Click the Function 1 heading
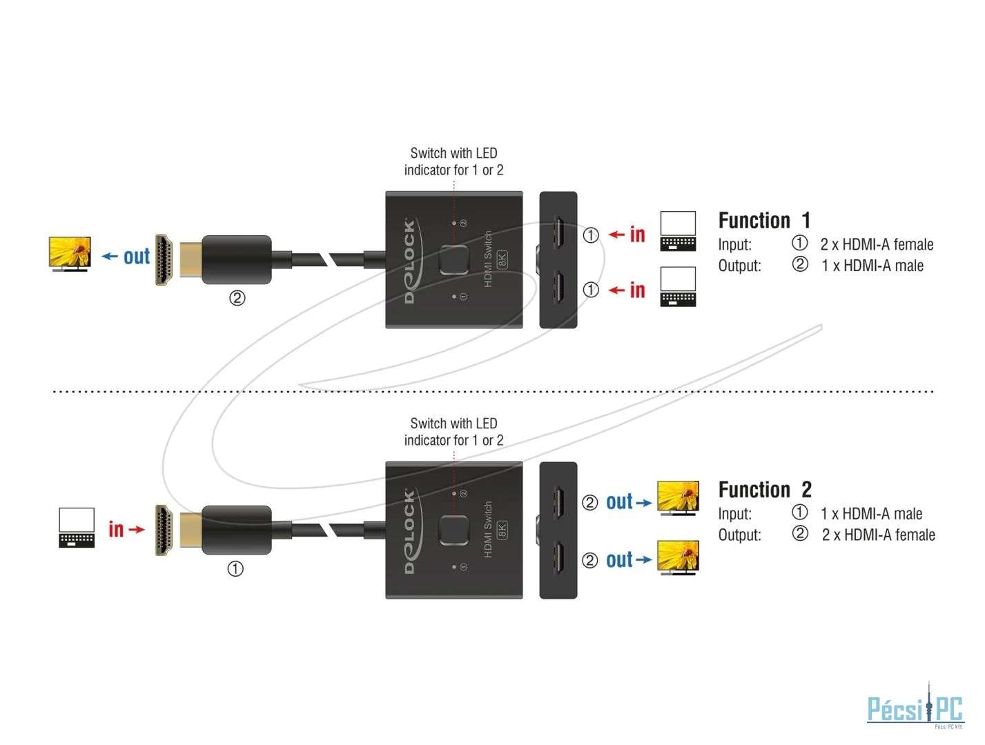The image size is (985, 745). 764,220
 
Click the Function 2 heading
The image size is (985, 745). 765,490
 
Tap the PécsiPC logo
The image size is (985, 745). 915,706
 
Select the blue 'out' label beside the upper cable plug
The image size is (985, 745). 137,257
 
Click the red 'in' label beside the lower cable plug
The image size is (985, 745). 116,529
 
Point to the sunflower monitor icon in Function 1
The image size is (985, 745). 70,254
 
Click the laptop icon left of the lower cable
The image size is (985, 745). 77,528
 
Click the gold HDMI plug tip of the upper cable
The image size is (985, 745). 164,259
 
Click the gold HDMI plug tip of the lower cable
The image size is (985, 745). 164,530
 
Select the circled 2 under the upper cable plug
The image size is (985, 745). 237,298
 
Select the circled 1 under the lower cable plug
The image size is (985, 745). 235,569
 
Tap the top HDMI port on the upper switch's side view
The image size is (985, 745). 558,232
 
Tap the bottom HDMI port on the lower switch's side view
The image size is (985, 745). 558,557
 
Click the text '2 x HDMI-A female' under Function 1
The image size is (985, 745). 877,245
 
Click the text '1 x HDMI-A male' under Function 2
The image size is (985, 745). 871,514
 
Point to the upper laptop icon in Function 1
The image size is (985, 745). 678,231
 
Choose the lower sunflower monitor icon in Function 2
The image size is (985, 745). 678,557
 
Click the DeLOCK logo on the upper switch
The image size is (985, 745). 411,260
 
